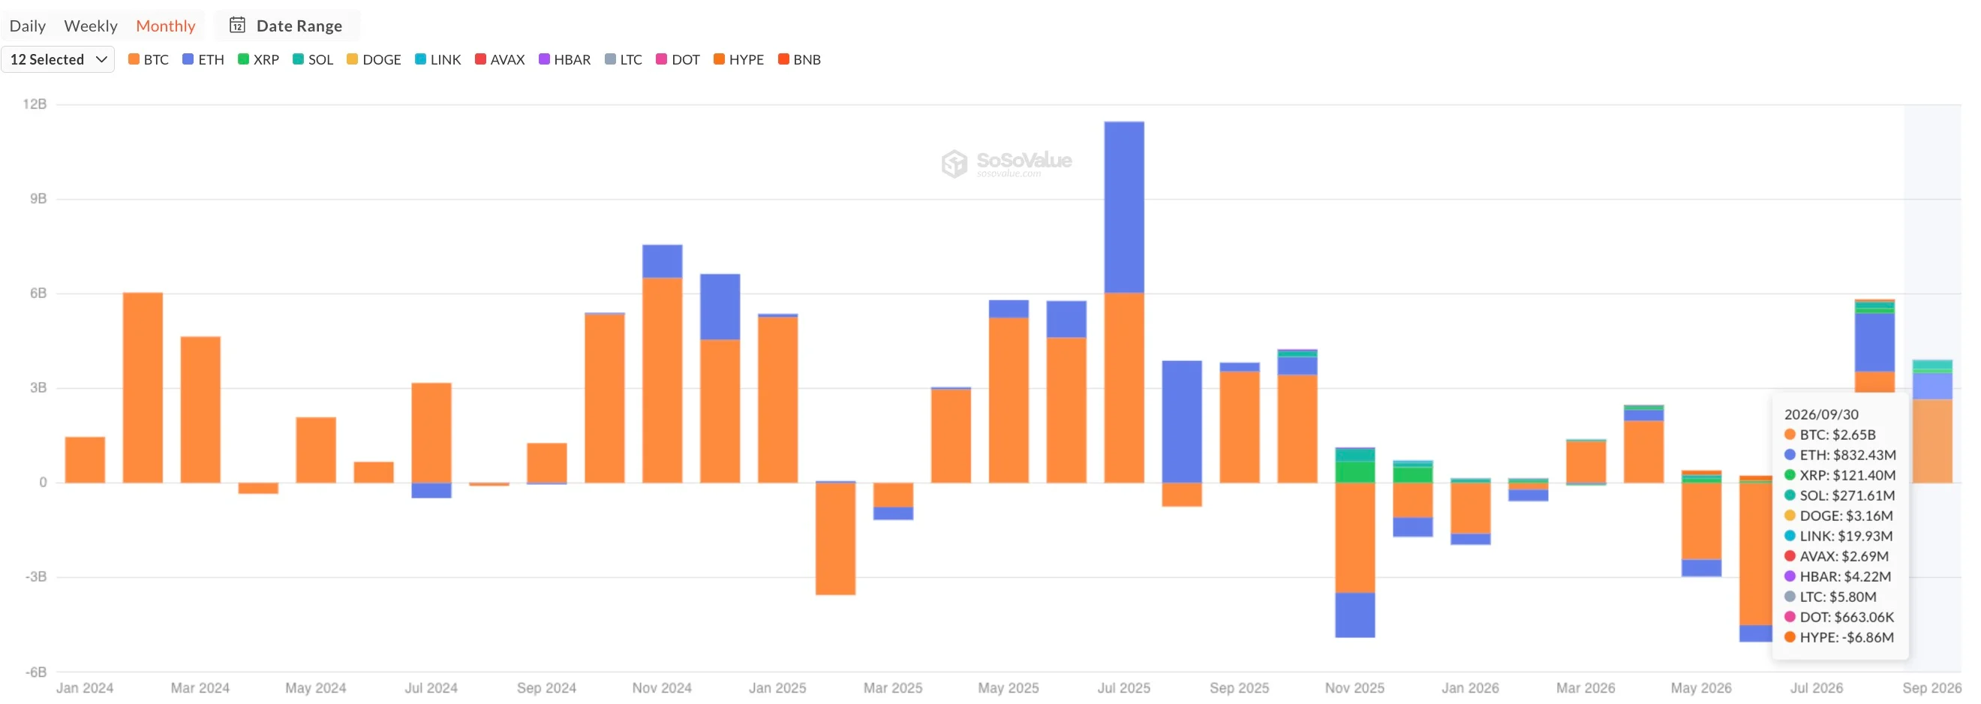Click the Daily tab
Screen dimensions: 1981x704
click(x=28, y=26)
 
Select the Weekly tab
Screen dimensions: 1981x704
click(x=91, y=26)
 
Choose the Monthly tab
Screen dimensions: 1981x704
click(x=165, y=26)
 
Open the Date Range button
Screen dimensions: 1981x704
click(x=286, y=26)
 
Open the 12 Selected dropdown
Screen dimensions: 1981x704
click(x=58, y=59)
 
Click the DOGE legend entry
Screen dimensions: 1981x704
click(x=374, y=59)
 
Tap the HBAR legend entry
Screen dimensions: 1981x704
click(x=564, y=59)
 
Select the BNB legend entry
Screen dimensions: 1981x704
click(x=799, y=59)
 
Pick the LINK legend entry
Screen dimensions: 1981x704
click(x=437, y=59)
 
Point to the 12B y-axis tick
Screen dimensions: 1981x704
click(x=35, y=104)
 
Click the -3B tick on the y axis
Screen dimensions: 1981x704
click(x=36, y=576)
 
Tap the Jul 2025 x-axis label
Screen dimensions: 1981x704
click(x=1123, y=687)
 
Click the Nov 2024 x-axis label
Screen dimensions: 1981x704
click(x=661, y=687)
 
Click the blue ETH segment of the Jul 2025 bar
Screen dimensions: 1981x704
click(x=1123, y=207)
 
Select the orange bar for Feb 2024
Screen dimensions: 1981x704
click(x=143, y=388)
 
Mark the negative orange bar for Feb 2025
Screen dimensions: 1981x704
click(x=835, y=539)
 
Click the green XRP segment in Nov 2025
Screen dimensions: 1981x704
click(x=1355, y=471)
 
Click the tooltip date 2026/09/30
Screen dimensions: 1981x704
click(x=1821, y=414)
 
